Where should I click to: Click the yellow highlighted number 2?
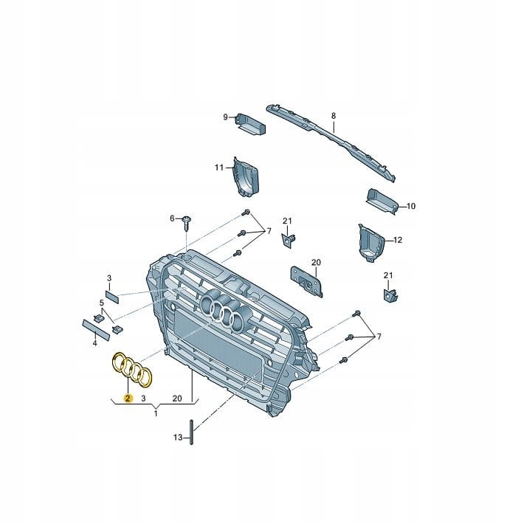coord(128,398)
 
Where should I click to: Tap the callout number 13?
coord(178,437)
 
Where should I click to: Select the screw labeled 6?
coord(187,223)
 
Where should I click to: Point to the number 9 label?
coord(225,117)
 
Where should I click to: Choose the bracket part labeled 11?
coord(246,177)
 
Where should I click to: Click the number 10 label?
coord(411,206)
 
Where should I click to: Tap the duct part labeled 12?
coord(371,242)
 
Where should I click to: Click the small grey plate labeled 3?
coord(112,297)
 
